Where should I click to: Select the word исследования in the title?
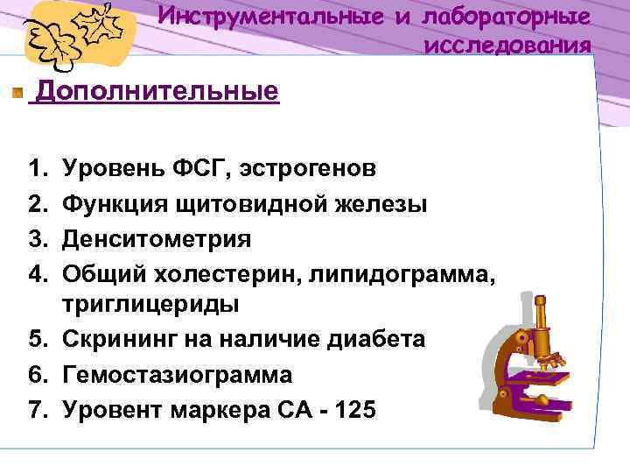click(507, 45)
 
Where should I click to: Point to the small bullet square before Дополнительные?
click(17, 92)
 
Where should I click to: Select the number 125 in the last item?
click(355, 408)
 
